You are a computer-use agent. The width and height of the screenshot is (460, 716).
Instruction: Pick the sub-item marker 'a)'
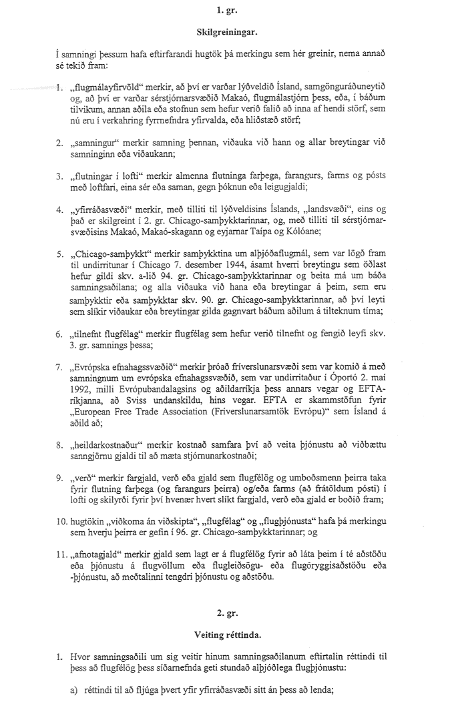click(75, 707)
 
